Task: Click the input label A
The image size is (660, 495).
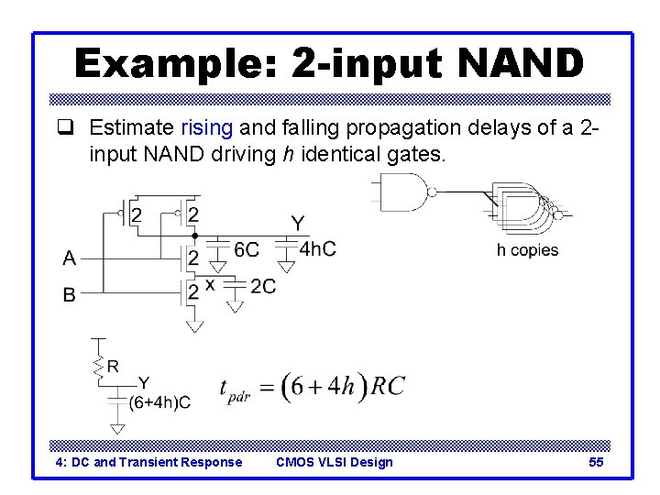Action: pos(70,258)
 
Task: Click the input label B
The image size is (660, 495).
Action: pos(70,295)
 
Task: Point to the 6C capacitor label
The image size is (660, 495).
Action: pos(247,249)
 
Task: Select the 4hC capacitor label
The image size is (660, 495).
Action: pos(318,248)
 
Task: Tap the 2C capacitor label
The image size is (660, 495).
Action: pos(262,287)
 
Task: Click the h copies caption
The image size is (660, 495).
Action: pos(527,249)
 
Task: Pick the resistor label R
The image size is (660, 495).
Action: pos(113,367)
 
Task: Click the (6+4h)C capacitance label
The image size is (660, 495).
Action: pos(159,401)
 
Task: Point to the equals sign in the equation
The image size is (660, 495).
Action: pos(267,389)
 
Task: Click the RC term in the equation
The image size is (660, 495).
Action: pos(387,386)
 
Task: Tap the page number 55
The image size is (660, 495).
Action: pos(596,462)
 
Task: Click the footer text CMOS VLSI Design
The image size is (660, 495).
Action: pos(335,462)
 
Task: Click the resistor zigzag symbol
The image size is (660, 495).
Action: pos(96,366)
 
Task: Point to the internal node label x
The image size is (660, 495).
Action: pos(210,284)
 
